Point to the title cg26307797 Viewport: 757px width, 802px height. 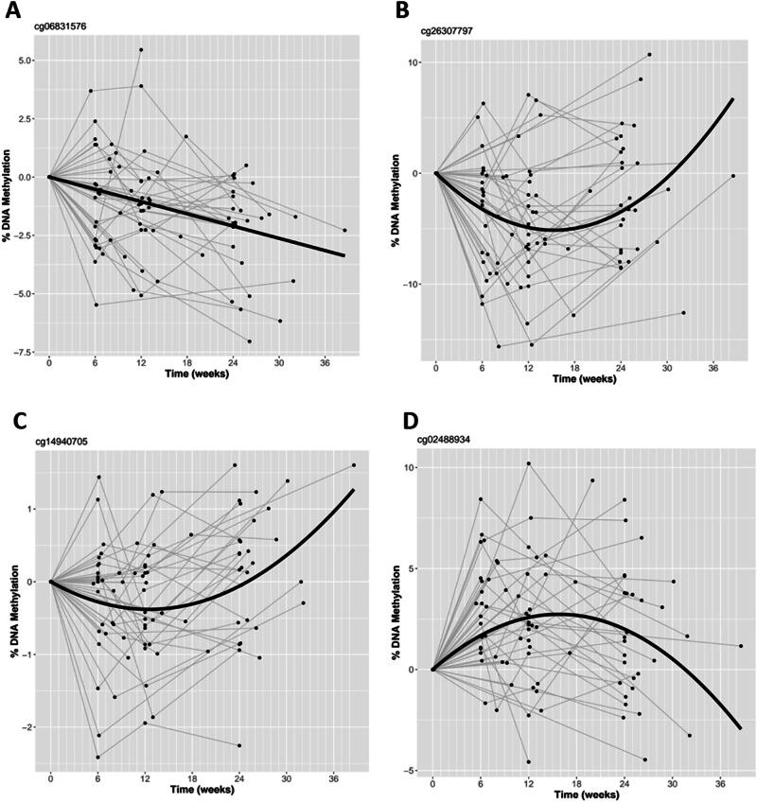[x=447, y=30]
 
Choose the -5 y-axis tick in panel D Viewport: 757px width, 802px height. [x=411, y=770]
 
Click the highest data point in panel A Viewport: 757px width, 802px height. [x=141, y=49]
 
